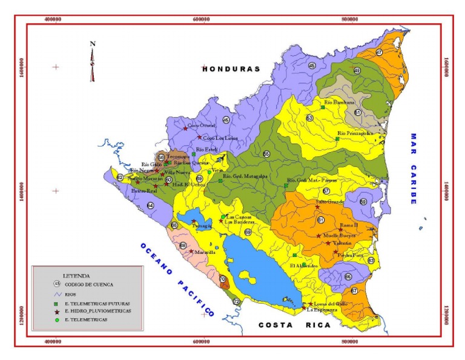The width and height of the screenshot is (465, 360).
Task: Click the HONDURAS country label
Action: [231, 69]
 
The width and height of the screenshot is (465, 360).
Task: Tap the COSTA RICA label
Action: [295, 325]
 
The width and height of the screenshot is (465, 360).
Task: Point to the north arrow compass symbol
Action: [93, 61]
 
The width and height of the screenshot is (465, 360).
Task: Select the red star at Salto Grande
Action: [317, 207]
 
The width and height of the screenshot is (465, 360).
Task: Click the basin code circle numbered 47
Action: [379, 53]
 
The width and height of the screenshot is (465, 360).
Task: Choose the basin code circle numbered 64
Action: [150, 205]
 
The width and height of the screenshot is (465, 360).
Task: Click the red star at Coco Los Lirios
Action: [199, 137]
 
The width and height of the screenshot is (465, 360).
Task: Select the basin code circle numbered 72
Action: [237, 301]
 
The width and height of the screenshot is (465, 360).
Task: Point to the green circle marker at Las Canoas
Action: [223, 216]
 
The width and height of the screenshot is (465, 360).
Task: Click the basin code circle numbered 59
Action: [363, 202]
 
